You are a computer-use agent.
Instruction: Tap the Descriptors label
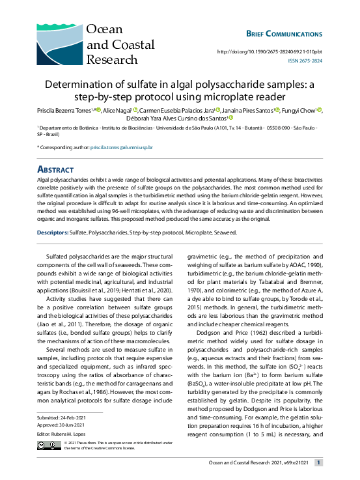point(52,232)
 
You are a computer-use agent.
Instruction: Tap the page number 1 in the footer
point(318,463)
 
